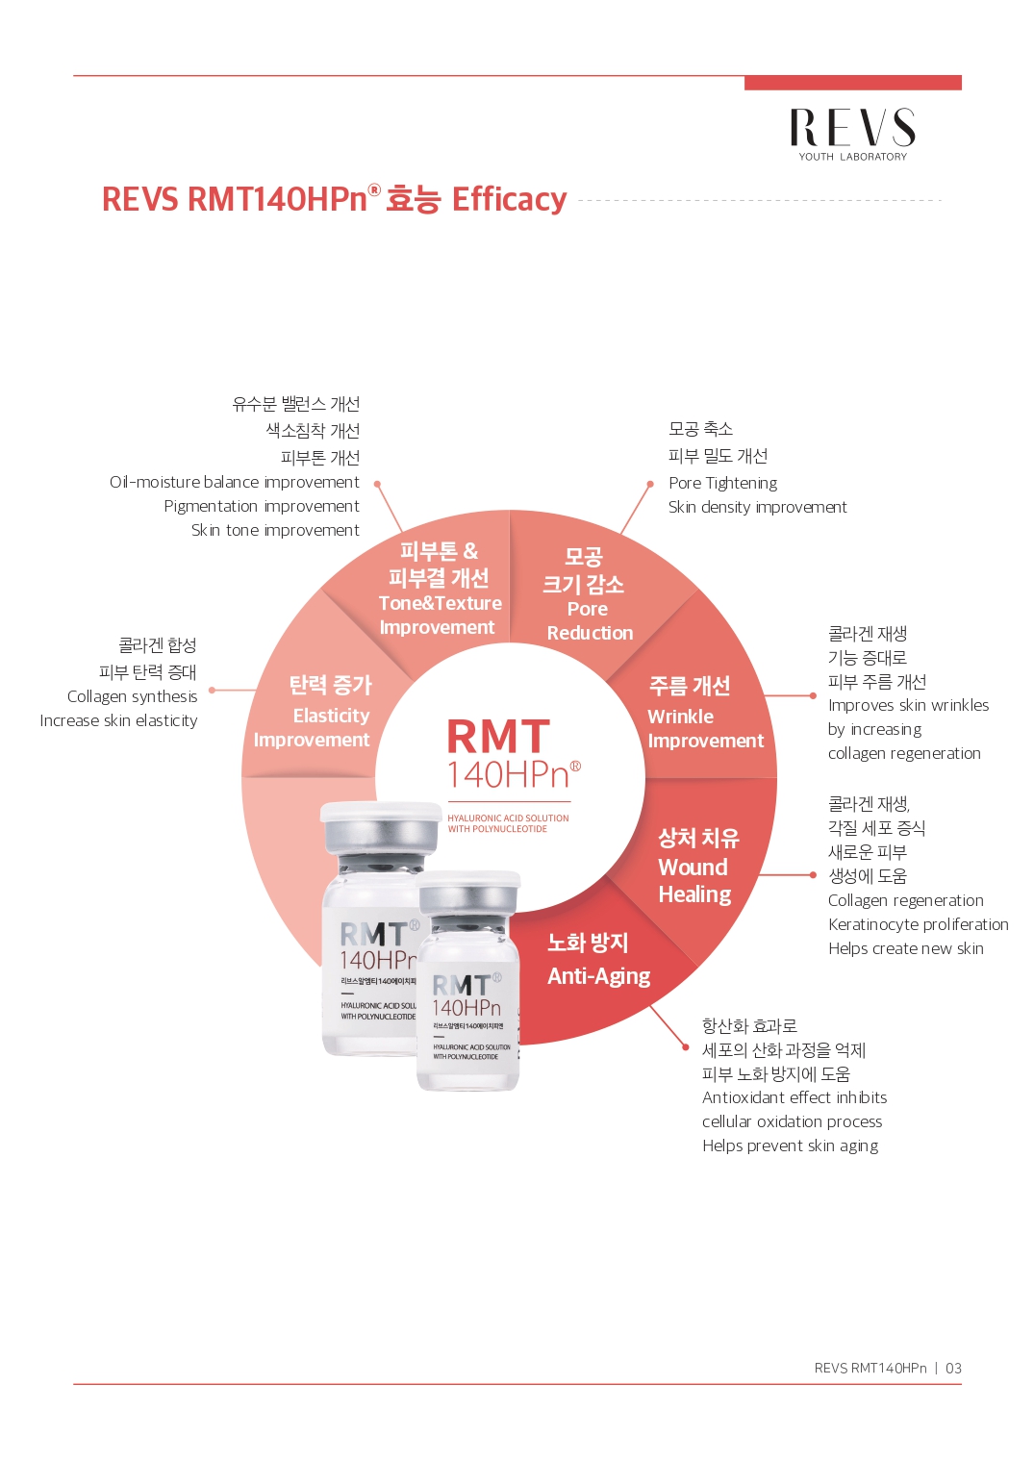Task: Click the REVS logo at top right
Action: click(853, 135)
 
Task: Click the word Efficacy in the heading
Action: click(509, 199)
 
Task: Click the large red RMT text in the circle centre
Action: click(499, 737)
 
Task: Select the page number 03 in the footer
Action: click(953, 1368)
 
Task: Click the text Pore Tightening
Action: click(722, 483)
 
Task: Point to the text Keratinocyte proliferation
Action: click(918, 924)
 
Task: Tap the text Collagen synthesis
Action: click(132, 696)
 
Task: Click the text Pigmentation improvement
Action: click(262, 507)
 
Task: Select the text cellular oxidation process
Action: click(792, 1121)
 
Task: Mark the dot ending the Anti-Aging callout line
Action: click(685, 1047)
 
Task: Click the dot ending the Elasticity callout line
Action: click(212, 690)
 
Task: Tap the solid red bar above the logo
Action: click(853, 83)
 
